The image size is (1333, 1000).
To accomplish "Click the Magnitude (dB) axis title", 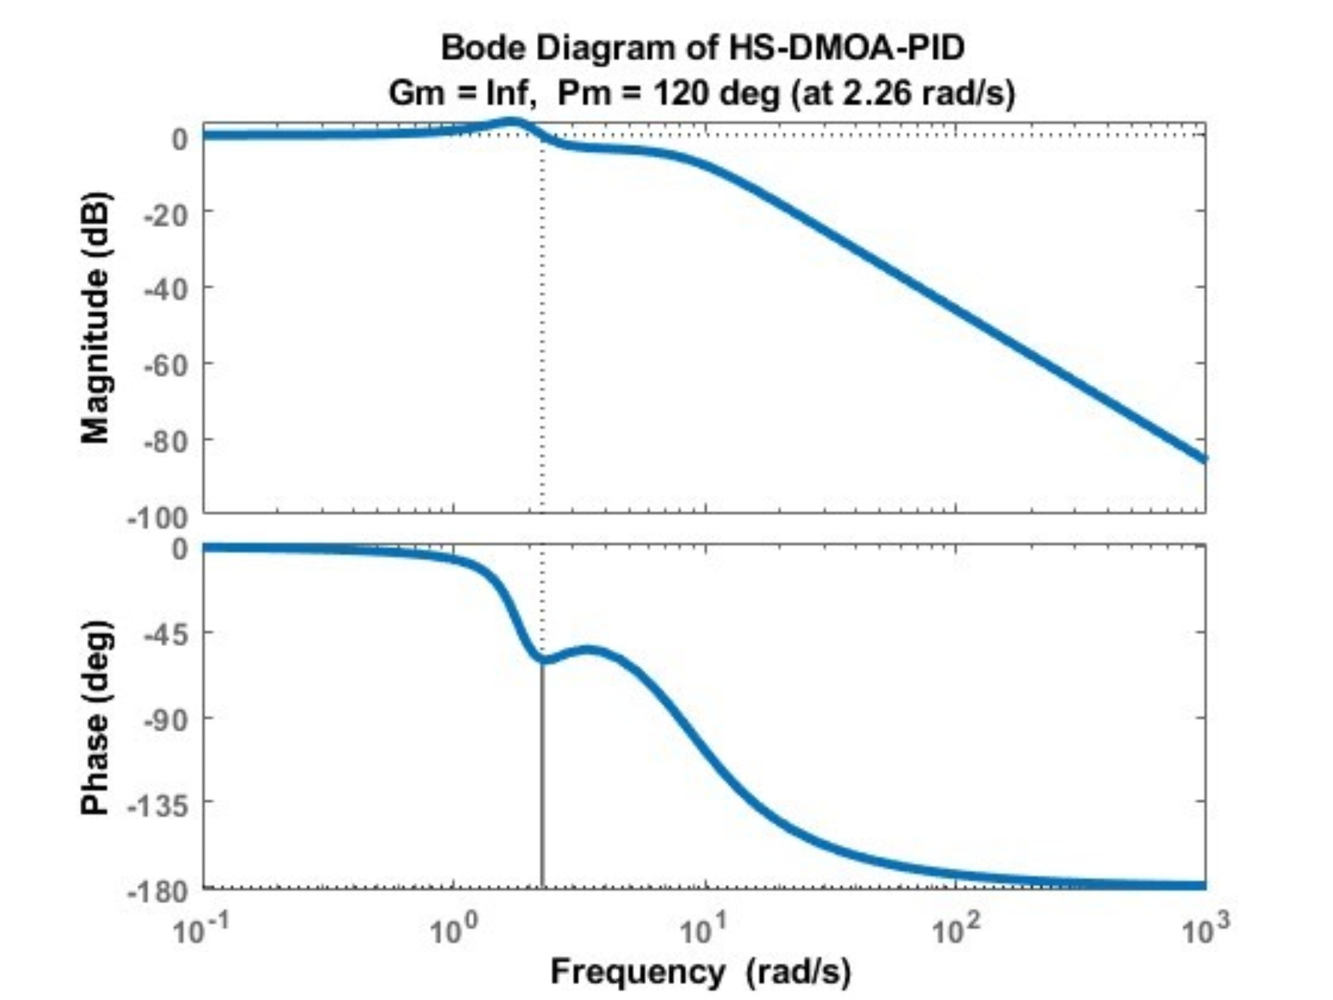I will coord(95,317).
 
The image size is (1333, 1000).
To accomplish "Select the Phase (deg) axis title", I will coord(95,717).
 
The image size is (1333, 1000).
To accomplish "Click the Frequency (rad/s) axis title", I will coord(700,972).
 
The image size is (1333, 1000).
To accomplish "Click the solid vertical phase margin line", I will coord(542,777).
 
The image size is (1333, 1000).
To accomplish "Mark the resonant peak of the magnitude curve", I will coord(512,122).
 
